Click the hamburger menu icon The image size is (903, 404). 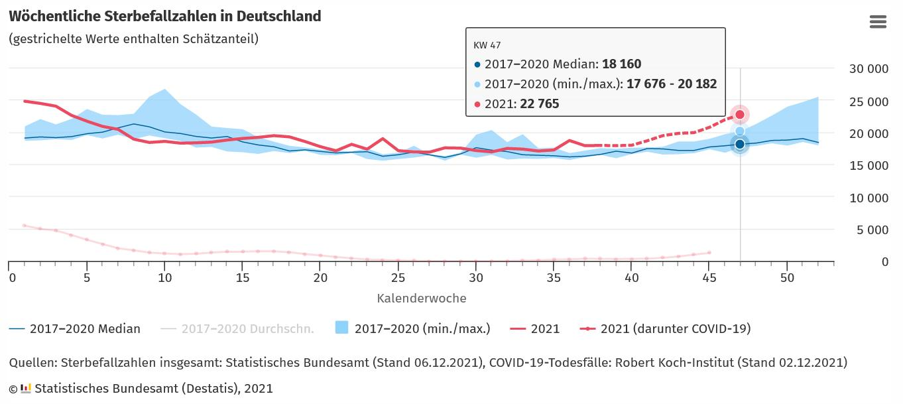[x=878, y=22]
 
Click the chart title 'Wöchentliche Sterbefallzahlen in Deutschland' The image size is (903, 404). [x=165, y=17]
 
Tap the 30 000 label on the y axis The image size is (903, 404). [x=869, y=69]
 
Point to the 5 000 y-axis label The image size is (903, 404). [x=873, y=230]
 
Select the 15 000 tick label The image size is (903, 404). [x=869, y=166]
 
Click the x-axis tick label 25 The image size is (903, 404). [x=398, y=277]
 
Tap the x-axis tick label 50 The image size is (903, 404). [x=787, y=277]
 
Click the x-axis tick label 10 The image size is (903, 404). [x=164, y=277]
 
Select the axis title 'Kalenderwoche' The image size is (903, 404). [x=422, y=299]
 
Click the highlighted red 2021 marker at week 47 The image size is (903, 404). [x=740, y=115]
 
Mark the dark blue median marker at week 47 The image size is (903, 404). [x=740, y=145]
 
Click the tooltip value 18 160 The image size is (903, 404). [x=621, y=64]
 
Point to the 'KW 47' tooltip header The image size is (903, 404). [x=487, y=45]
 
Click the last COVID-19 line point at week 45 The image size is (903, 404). [x=709, y=253]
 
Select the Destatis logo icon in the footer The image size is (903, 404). [x=26, y=388]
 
